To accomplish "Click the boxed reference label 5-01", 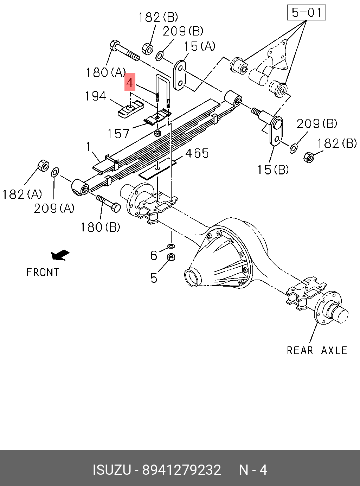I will tap(307, 13).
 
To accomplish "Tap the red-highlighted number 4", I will tap(130, 82).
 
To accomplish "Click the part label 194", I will tap(95, 96).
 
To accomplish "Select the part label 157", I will tap(118, 134).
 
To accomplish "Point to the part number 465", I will tap(197, 153).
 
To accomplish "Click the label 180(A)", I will tap(106, 72).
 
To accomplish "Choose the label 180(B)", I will tap(101, 227).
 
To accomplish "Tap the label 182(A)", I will tap(22, 194).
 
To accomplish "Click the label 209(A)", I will tap(54, 209).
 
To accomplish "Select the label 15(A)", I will tap(199, 46).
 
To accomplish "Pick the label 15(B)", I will tap(273, 170).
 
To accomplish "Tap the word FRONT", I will tap(43, 272).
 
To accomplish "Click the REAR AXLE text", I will tap(317, 350).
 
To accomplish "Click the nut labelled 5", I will tap(171, 257).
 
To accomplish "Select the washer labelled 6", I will tap(171, 245).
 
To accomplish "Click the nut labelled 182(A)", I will tap(43, 165).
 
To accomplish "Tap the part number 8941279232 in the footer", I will tap(181, 470).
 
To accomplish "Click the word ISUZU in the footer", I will tap(111, 470).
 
